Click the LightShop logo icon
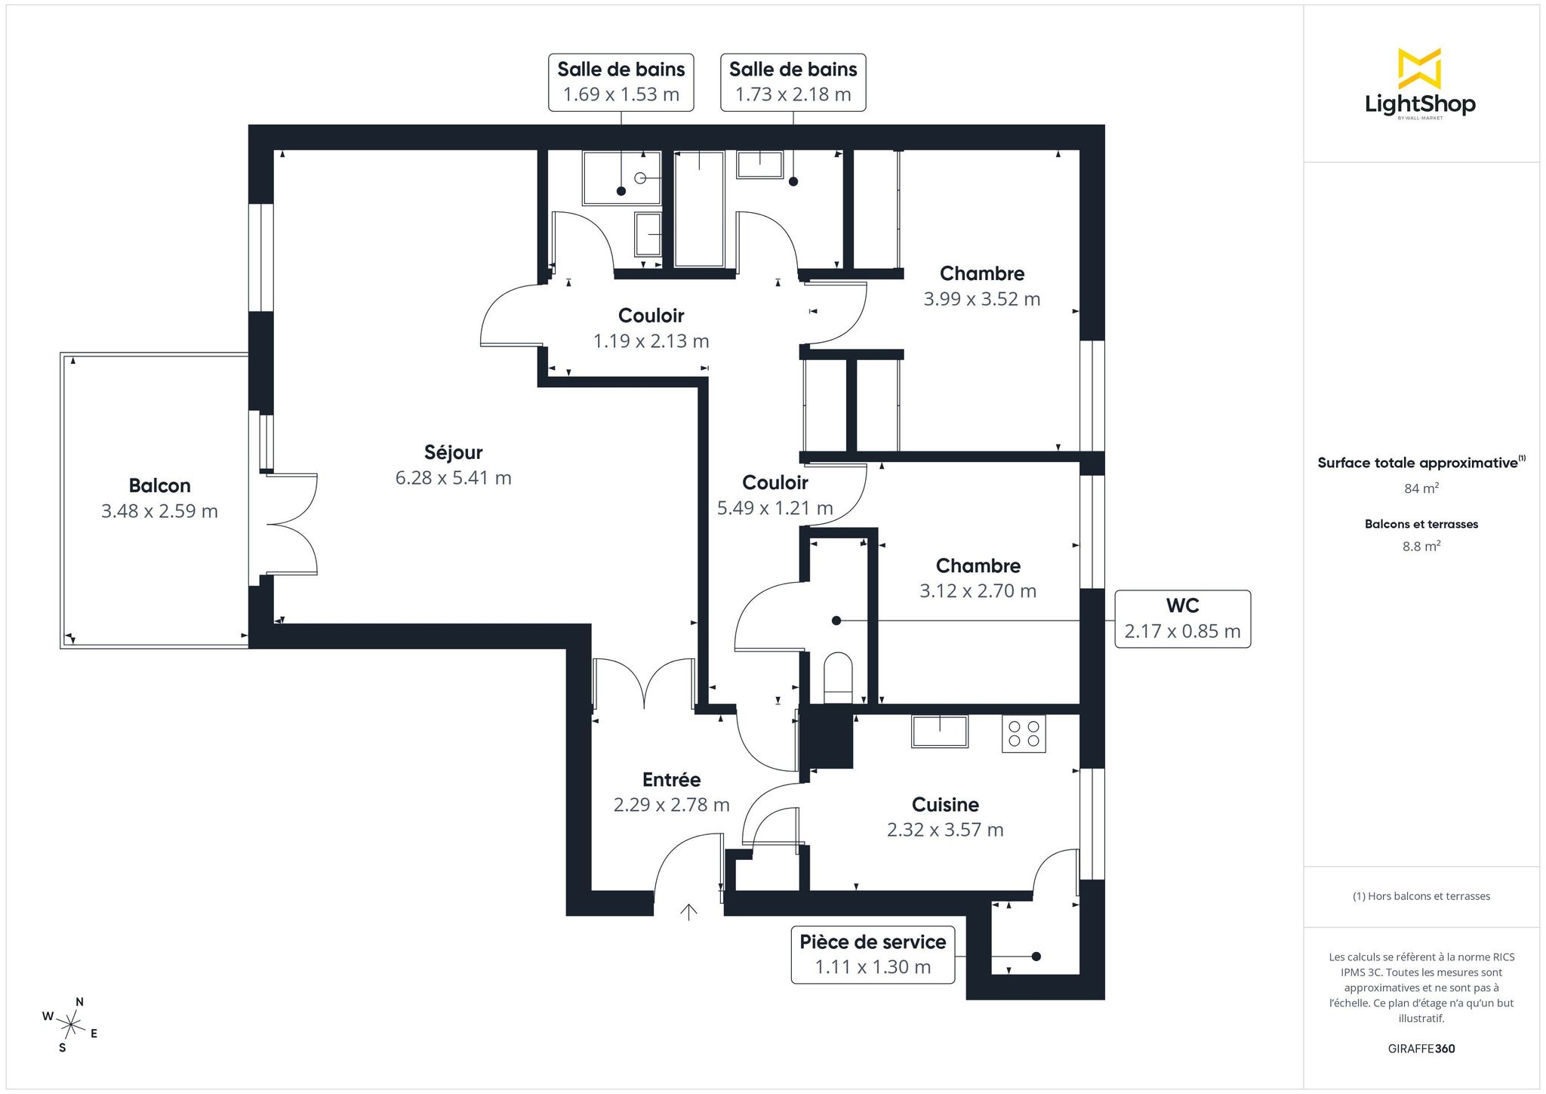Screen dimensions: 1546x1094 tap(1419, 68)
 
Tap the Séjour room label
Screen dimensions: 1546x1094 tap(453, 452)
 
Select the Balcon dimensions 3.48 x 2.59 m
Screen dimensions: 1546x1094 tap(159, 511)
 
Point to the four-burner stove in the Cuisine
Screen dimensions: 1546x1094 tap(1024, 733)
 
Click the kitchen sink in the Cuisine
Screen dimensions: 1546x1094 tap(940, 731)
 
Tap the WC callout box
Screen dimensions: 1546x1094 tap(1182, 619)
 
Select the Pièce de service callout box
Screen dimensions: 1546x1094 tap(873, 955)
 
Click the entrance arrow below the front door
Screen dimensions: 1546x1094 tap(688, 912)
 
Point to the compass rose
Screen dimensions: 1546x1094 tap(70, 1025)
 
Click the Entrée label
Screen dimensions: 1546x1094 tap(671, 779)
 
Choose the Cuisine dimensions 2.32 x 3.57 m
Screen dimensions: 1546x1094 tap(945, 830)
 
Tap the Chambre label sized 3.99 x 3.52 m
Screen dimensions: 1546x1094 tap(982, 273)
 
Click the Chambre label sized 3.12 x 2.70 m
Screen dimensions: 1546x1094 tap(978, 565)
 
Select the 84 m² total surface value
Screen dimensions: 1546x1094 tap(1421, 488)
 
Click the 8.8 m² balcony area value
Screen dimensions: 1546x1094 tap(1421, 546)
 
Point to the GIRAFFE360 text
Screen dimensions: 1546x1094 tap(1421, 1049)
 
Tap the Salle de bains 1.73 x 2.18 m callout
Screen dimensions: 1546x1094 tap(793, 82)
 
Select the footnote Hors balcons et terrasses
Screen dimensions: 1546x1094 tap(1421, 896)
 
